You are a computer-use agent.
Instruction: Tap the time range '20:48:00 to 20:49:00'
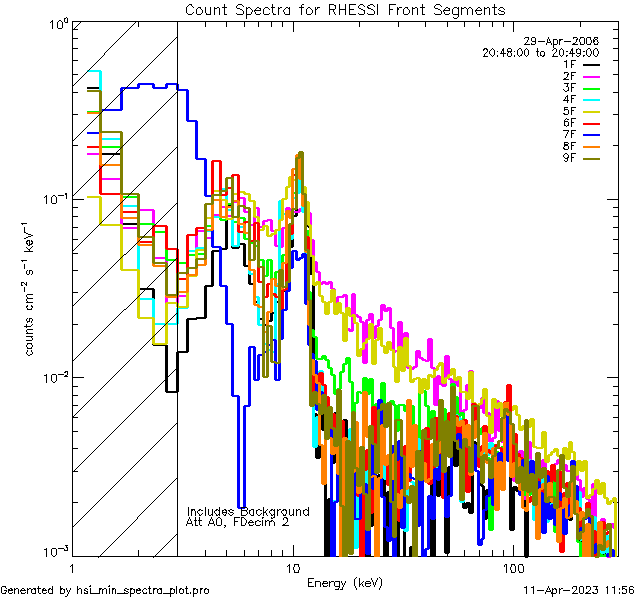(540, 52)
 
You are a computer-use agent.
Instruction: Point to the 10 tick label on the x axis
(292, 566)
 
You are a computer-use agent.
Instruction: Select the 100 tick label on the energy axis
(514, 566)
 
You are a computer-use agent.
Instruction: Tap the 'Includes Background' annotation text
(248, 511)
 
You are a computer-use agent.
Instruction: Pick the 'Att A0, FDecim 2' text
(238, 522)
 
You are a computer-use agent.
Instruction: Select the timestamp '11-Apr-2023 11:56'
(580, 590)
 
